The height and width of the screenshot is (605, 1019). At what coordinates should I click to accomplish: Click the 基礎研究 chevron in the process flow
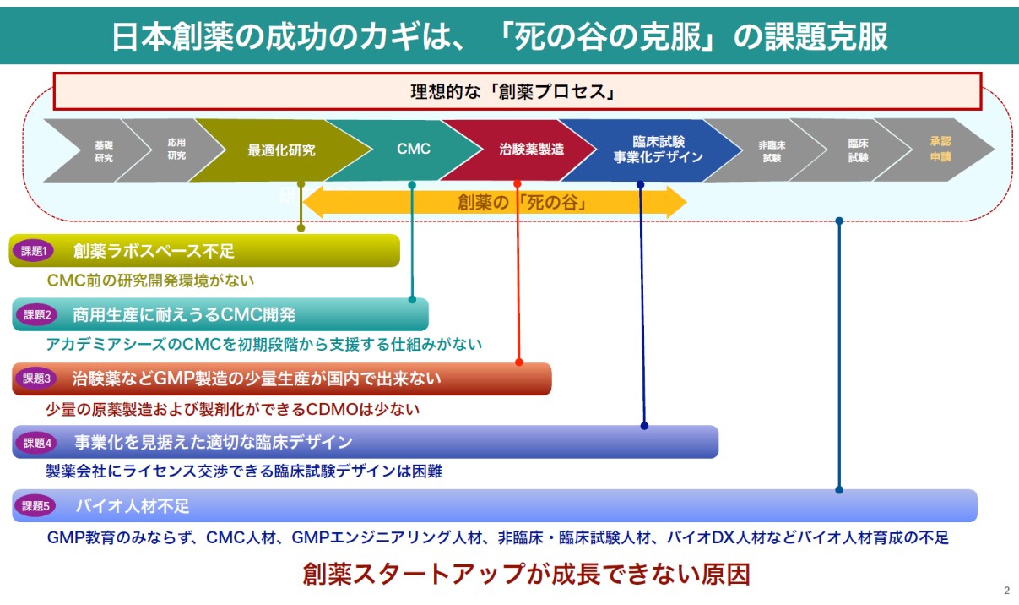[x=103, y=150]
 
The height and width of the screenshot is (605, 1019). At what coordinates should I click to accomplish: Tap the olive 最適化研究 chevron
[x=281, y=150]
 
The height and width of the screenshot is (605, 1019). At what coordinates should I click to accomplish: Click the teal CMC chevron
[x=413, y=150]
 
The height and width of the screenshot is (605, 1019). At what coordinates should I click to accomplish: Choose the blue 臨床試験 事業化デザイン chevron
[x=658, y=150]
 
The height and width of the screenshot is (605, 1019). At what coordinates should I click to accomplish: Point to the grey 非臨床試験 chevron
[x=772, y=150]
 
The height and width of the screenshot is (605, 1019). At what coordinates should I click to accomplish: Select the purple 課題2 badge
[x=38, y=315]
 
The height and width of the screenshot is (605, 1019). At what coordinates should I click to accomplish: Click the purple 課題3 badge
[x=38, y=379]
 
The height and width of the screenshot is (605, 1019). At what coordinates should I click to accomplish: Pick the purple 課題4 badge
[x=38, y=442]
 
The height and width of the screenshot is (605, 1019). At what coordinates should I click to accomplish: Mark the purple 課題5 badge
[x=38, y=506]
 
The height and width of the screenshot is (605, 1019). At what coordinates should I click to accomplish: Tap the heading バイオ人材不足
[x=133, y=506]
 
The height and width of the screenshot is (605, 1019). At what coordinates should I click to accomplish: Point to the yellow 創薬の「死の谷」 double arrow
[x=495, y=203]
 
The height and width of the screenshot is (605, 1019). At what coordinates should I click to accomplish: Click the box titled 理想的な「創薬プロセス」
[x=517, y=91]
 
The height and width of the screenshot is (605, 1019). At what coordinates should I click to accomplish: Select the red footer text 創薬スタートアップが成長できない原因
[x=526, y=575]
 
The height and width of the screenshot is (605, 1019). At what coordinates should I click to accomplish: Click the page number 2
[x=1006, y=591]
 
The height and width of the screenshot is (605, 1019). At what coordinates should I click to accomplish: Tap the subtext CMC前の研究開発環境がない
[x=150, y=280]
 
